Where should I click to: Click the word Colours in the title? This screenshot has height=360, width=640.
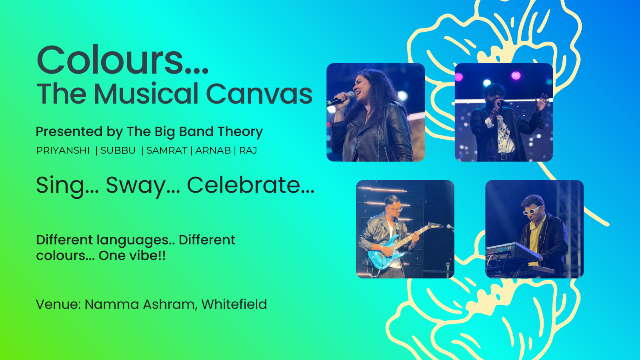[122, 60]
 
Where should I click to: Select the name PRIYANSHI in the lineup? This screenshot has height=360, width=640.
[63, 150]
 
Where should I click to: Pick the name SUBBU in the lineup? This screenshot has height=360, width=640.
[118, 150]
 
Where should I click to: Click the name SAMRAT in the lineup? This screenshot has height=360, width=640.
[167, 150]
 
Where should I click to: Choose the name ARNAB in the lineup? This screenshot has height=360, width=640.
[213, 150]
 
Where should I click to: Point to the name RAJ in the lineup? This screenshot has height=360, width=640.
[248, 150]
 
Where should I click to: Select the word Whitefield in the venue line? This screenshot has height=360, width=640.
[234, 304]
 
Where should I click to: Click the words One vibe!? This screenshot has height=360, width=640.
[132, 256]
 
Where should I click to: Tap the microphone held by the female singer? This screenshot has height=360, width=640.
[340, 98]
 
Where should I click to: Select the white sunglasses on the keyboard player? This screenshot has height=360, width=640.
[532, 210]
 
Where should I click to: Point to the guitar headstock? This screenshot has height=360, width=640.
[435, 226]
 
